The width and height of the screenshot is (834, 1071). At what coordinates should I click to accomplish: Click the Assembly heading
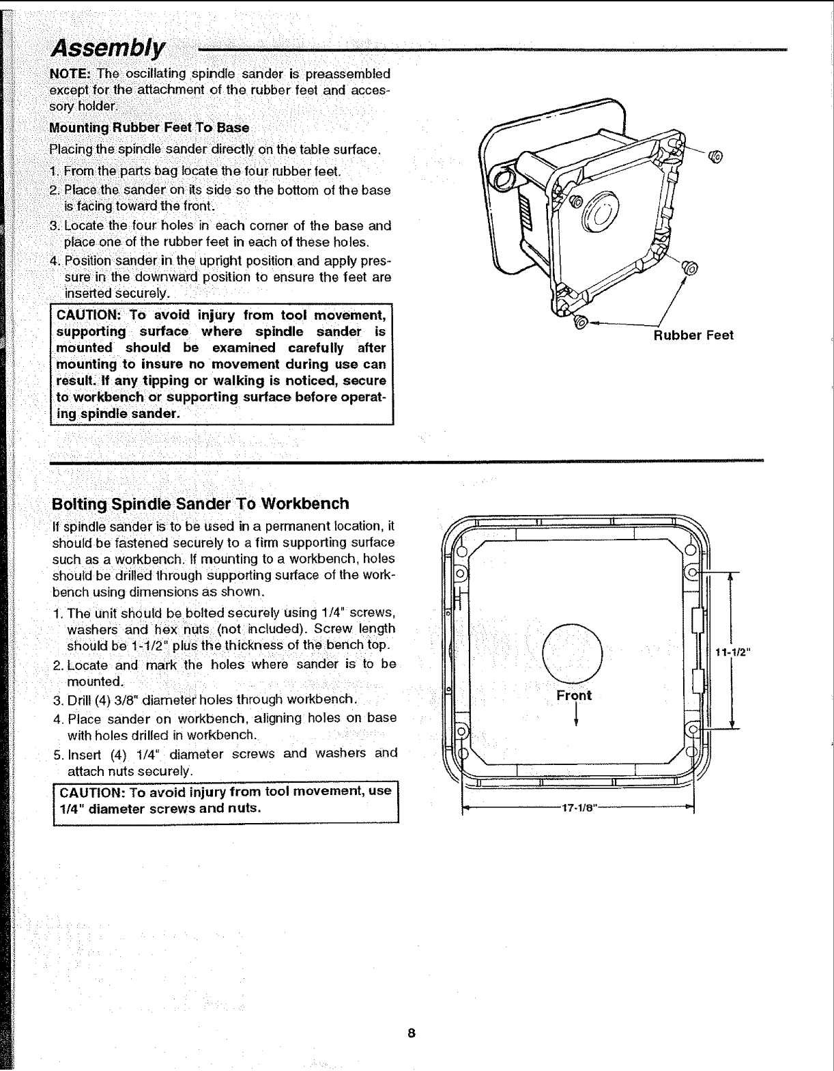[x=109, y=48]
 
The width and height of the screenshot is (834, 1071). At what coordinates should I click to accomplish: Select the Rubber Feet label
[x=693, y=335]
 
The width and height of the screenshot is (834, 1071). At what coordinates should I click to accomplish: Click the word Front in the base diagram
[x=574, y=695]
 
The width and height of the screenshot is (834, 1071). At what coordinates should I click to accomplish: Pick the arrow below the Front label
[x=577, y=715]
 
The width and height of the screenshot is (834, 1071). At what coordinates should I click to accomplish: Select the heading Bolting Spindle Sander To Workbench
[x=201, y=504]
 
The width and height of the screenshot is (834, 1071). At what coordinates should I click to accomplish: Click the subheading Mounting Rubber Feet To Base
[x=149, y=128]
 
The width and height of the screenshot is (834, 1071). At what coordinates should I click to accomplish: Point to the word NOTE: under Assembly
[x=71, y=74]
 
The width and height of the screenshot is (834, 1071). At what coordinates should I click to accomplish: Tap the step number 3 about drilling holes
[x=57, y=699]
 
